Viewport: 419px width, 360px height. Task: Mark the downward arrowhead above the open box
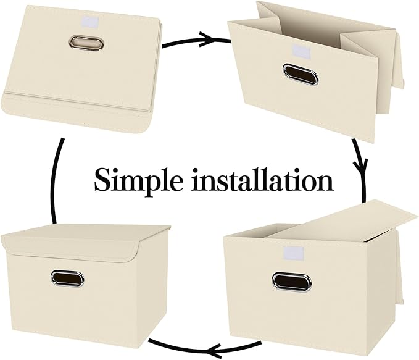coord(360,167)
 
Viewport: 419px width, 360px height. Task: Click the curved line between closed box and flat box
coord(56,179)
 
